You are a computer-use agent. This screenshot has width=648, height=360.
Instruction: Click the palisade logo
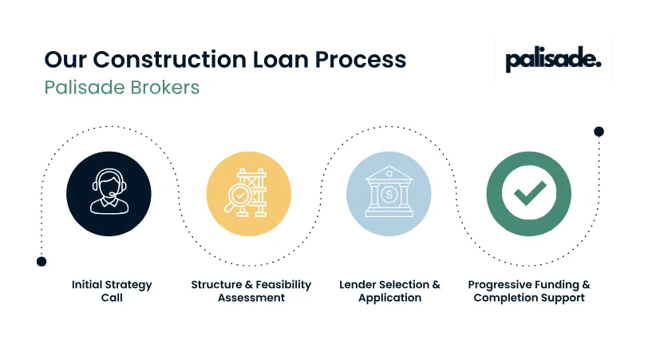click(x=553, y=60)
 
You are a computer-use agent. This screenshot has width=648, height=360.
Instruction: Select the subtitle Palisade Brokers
click(x=121, y=87)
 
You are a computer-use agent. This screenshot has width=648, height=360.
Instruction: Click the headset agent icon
click(x=109, y=194)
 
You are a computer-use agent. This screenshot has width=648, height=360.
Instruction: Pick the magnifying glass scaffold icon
click(x=248, y=194)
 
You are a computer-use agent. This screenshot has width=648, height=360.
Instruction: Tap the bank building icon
click(x=389, y=194)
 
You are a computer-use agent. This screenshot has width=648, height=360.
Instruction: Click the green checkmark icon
click(x=528, y=194)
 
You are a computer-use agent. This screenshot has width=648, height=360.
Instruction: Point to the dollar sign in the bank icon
click(x=389, y=194)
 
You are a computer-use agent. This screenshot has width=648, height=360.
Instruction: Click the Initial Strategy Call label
click(x=112, y=291)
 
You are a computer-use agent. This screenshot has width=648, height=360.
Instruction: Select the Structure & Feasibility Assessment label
click(x=251, y=291)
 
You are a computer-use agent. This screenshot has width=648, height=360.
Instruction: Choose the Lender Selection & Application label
click(x=389, y=291)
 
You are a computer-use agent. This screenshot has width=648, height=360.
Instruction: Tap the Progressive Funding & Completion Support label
click(x=528, y=291)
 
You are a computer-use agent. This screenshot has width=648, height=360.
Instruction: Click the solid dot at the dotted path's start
click(x=41, y=261)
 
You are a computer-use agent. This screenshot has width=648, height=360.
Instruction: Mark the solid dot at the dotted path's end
click(x=599, y=131)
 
